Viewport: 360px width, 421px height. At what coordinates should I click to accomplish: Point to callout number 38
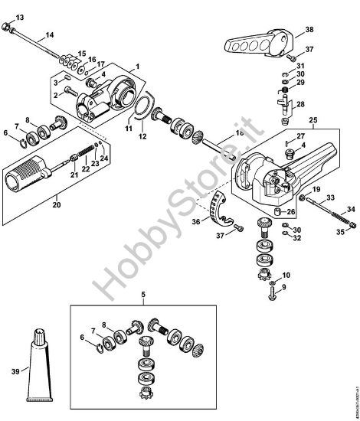(x=309, y=30)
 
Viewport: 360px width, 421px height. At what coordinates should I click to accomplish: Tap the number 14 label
(x=49, y=35)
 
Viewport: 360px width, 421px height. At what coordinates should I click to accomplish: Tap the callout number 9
(x=286, y=287)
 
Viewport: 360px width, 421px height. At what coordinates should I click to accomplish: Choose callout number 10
(x=286, y=274)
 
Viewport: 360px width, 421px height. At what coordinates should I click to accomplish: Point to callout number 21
(x=74, y=175)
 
